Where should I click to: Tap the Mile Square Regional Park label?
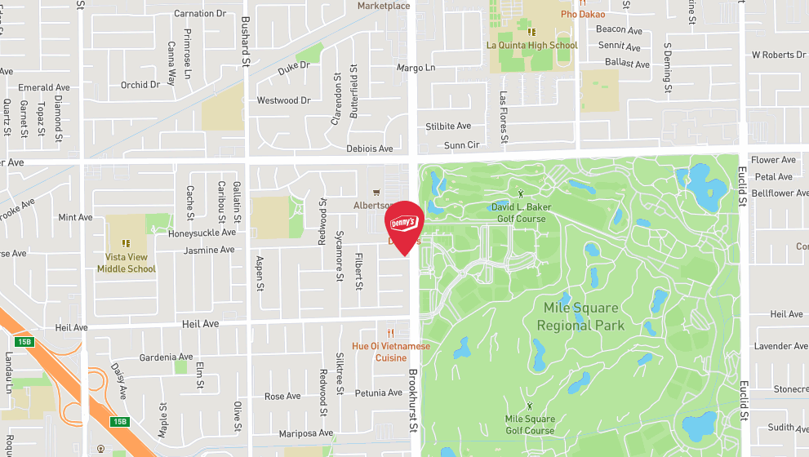(580, 317)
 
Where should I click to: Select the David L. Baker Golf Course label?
(521, 213)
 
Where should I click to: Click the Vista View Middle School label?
(127, 263)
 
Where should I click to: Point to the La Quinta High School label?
(531, 46)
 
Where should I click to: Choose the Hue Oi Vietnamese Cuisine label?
(390, 352)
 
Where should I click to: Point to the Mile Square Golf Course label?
(530, 425)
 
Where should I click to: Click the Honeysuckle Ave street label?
(201, 232)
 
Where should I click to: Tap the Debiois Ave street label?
(370, 149)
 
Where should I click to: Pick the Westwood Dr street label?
(283, 101)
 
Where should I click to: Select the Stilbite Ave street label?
(448, 126)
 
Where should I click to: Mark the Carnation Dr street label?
(199, 14)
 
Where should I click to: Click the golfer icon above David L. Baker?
(522, 194)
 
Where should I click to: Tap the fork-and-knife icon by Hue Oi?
(391, 333)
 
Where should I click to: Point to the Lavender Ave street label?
(780, 346)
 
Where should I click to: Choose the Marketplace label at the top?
(384, 6)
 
